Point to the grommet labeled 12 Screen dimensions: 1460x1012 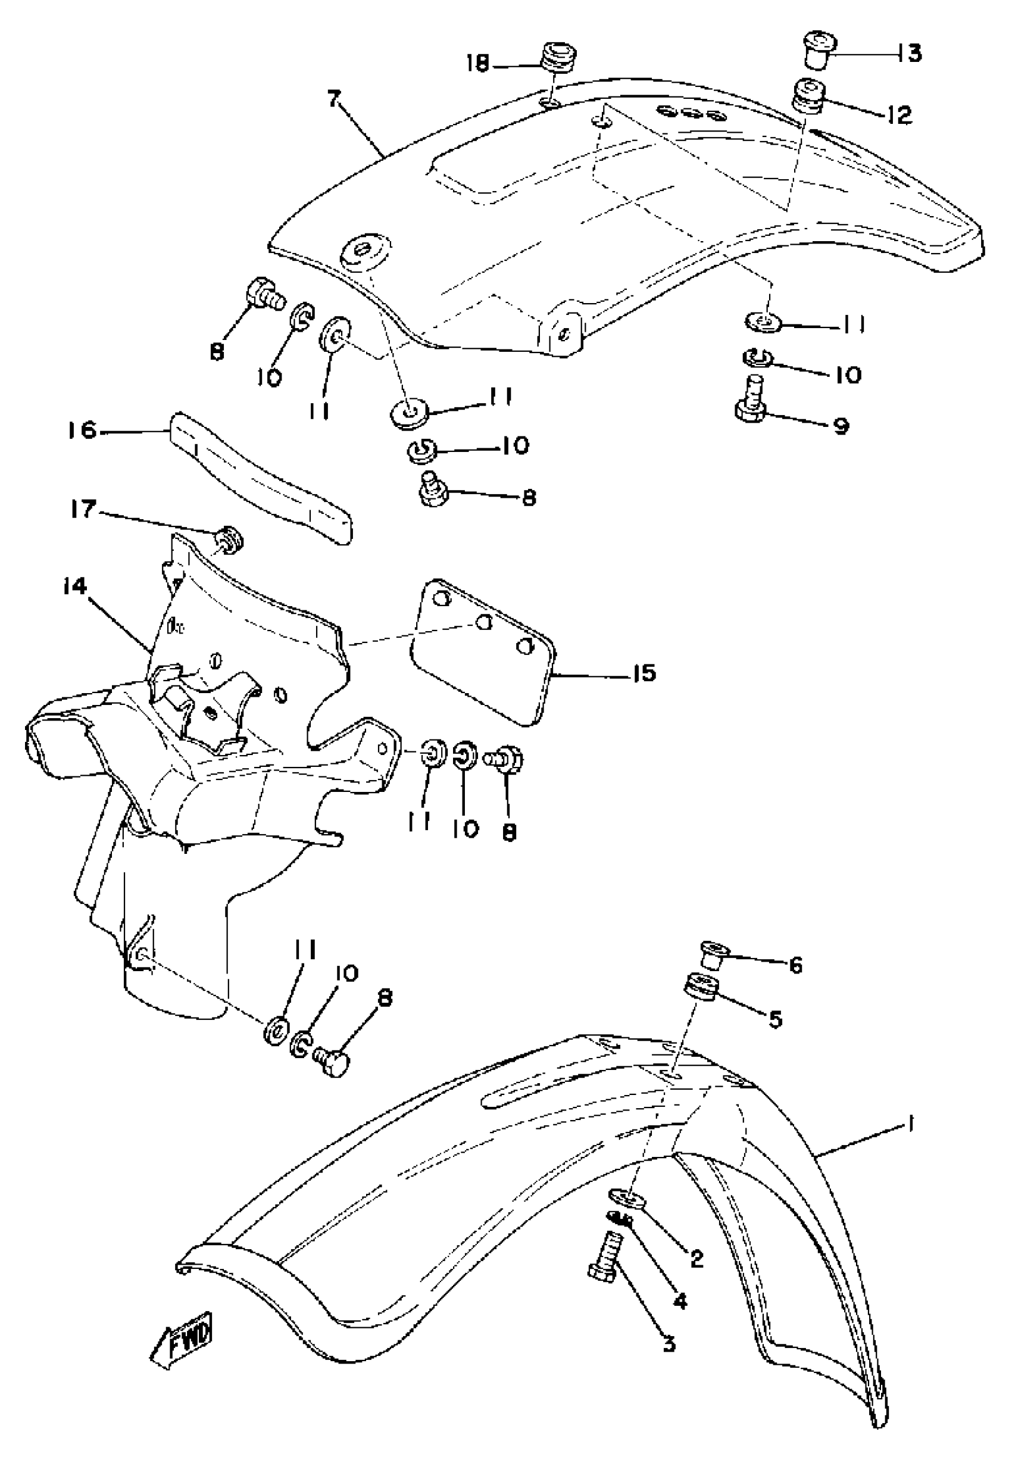[807, 95]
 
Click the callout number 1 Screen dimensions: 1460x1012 [910, 1124]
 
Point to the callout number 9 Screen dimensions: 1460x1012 [841, 426]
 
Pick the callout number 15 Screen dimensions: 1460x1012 [644, 673]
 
